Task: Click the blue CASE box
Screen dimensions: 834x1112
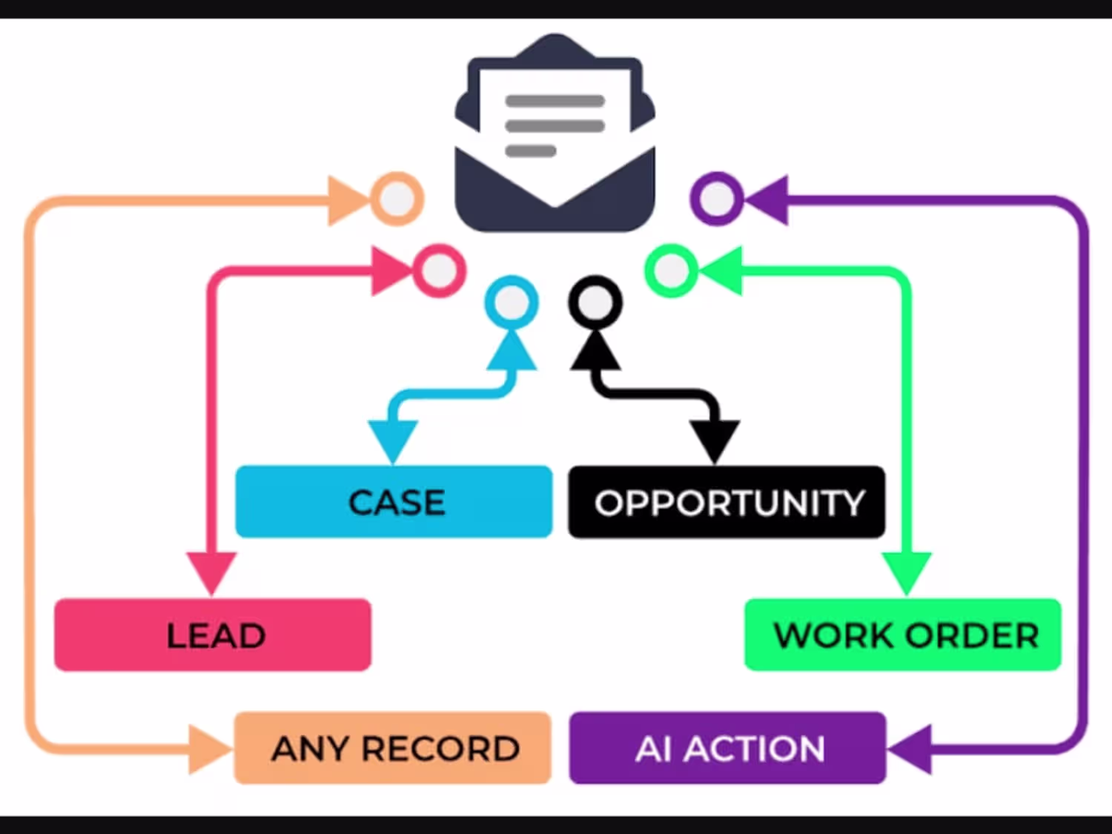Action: pos(394,502)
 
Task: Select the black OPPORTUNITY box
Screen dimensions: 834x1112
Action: pos(727,502)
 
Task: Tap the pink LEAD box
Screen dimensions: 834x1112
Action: pos(213,635)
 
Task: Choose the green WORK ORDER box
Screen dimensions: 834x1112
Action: pos(902,635)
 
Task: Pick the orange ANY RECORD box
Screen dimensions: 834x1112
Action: pos(393,748)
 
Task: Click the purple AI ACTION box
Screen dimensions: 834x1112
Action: pos(727,748)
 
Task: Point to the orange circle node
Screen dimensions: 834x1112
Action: pos(397,199)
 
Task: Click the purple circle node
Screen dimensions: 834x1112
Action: pos(716,198)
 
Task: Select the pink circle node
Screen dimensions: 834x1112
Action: pos(438,271)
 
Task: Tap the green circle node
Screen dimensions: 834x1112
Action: pos(671,271)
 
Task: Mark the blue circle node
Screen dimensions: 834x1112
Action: pos(511,302)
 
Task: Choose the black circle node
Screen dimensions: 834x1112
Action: pos(595,302)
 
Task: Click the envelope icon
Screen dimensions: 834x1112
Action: pos(555,133)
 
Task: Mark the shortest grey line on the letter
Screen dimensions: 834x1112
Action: pos(530,151)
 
